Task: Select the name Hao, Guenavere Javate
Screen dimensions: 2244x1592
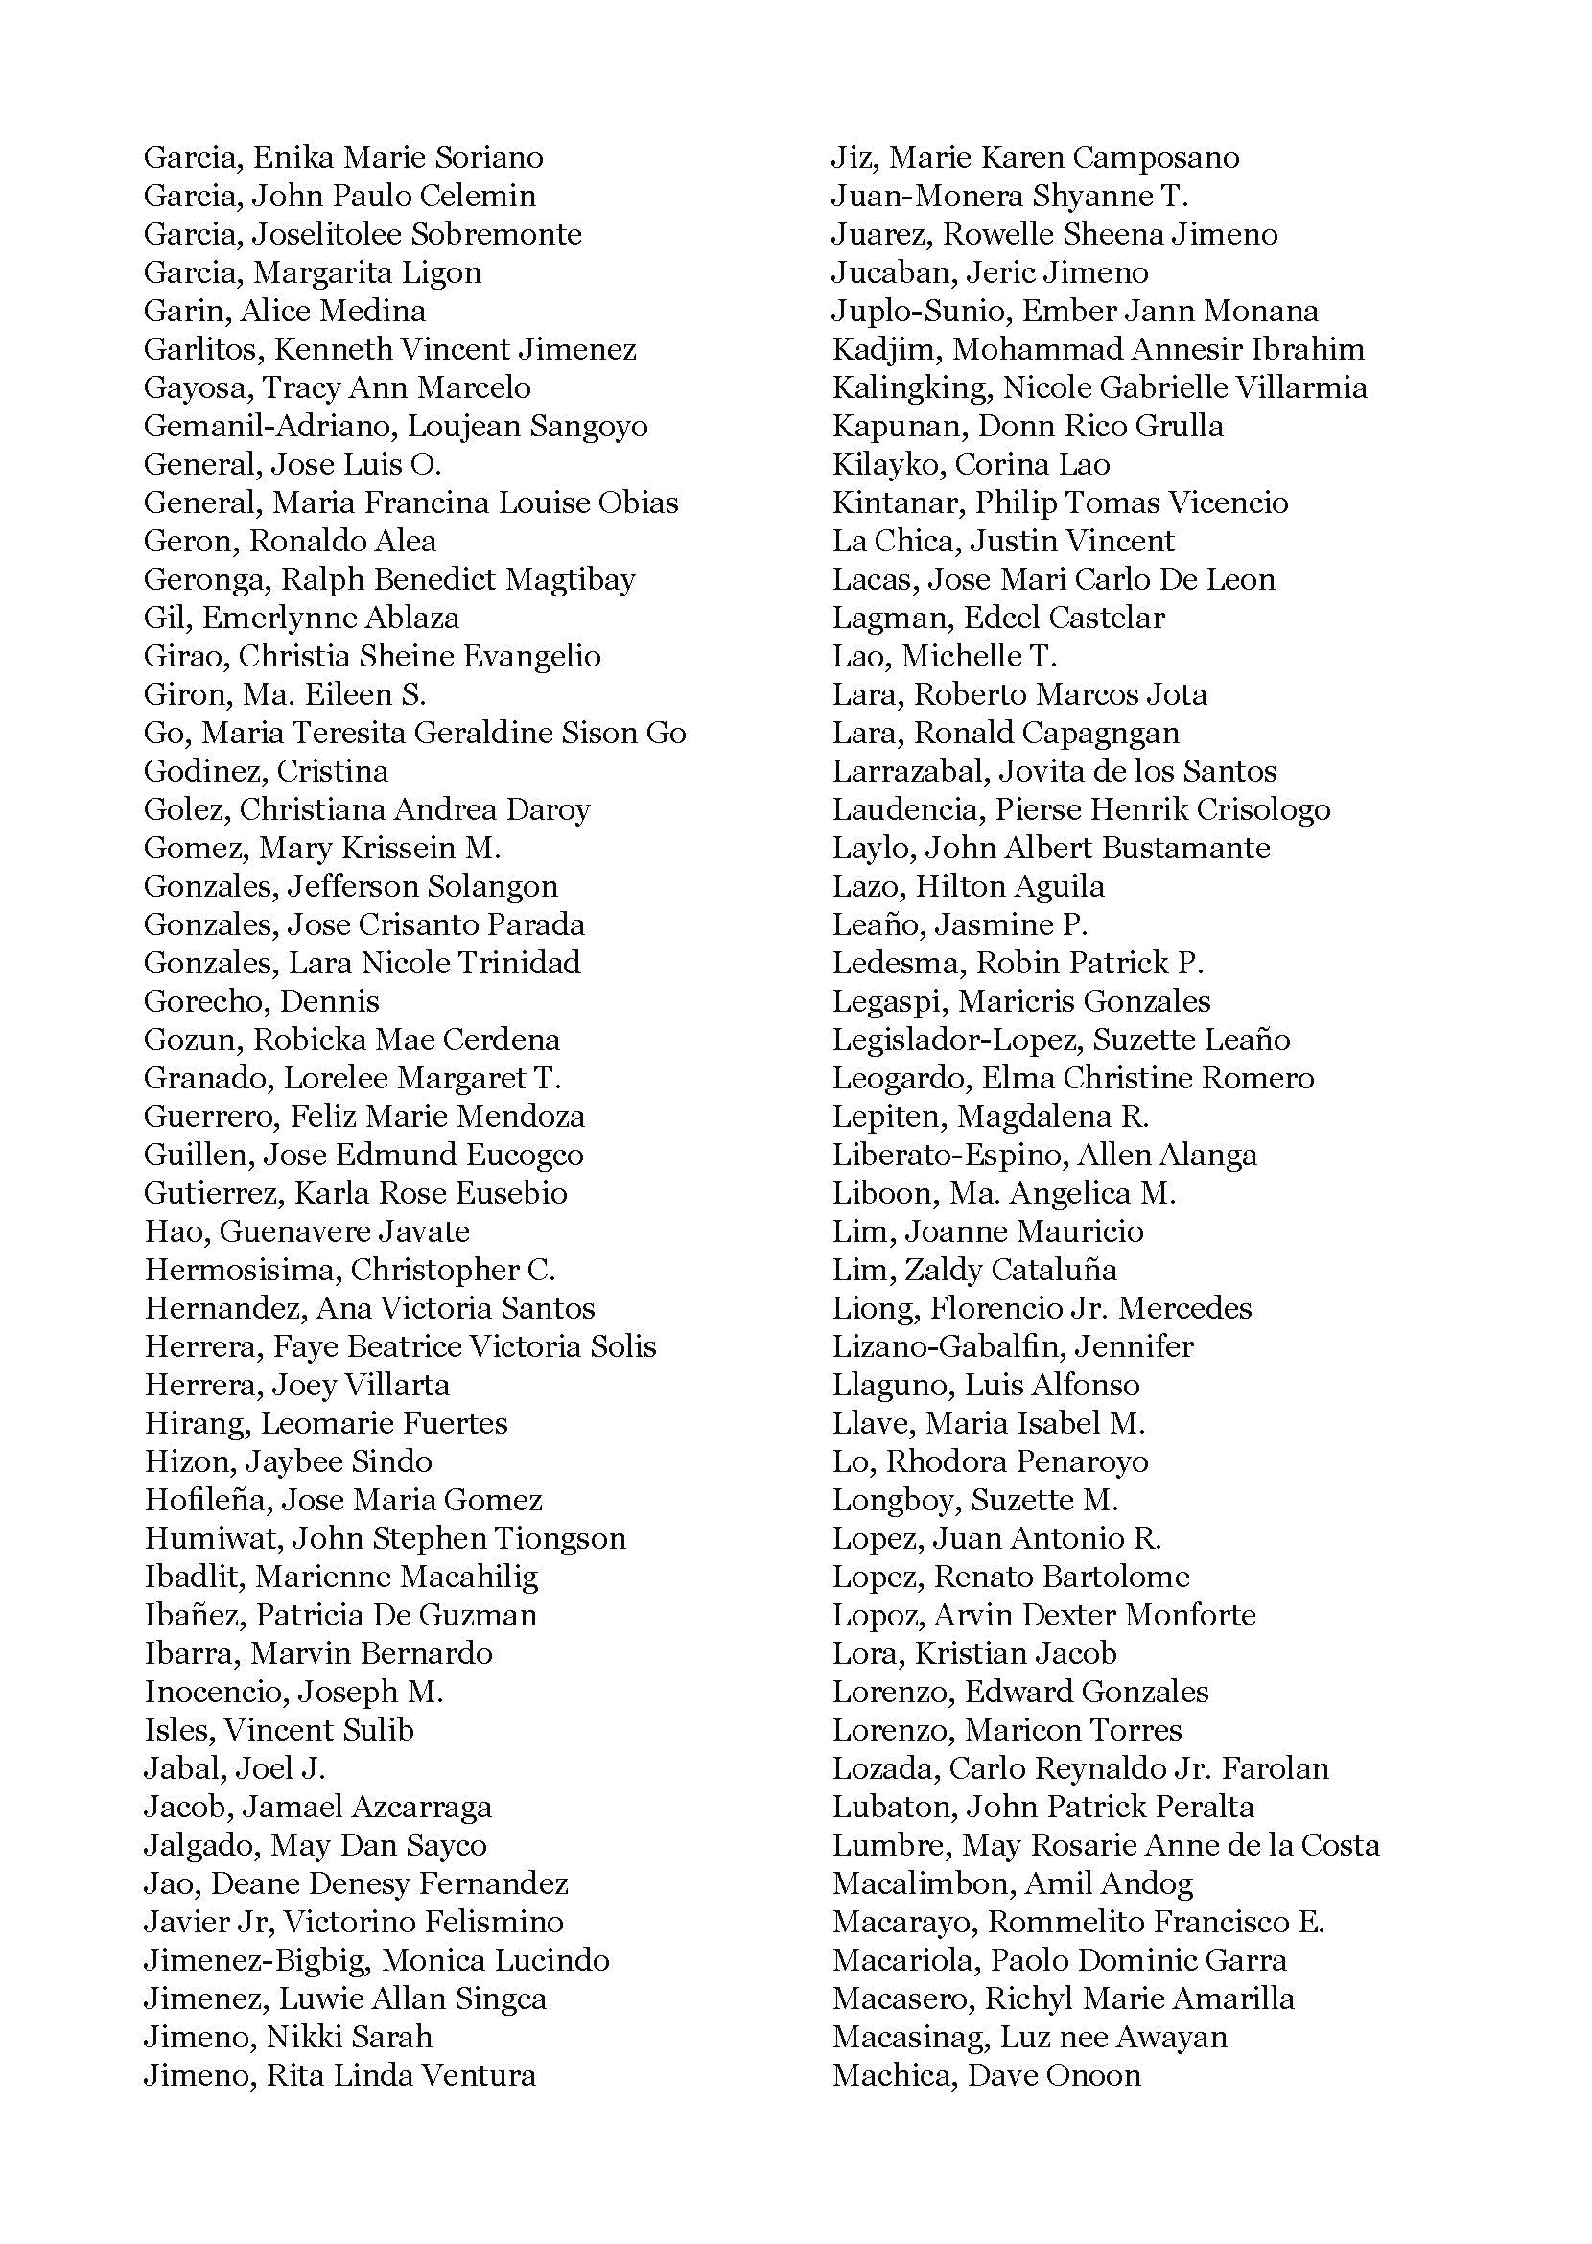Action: tap(307, 1231)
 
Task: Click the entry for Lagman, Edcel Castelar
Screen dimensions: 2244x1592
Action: tap(998, 618)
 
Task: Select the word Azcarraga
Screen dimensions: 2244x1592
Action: tap(421, 1807)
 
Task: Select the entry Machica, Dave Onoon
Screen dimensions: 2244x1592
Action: tap(986, 2075)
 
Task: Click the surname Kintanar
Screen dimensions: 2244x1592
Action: tap(896, 503)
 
